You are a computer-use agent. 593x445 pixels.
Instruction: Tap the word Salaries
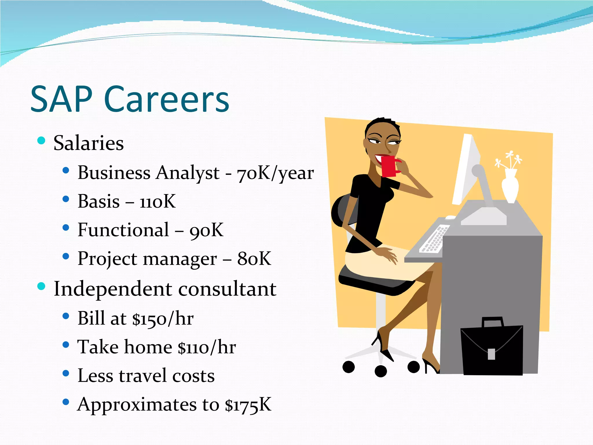click(89, 143)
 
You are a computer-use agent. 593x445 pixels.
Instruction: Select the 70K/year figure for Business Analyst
click(275, 173)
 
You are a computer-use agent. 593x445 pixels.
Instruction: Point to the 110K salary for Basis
click(158, 201)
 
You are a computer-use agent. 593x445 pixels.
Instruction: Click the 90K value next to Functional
click(206, 230)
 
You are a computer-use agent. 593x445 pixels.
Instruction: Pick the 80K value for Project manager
click(254, 258)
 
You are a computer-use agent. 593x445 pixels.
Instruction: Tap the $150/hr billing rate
click(163, 319)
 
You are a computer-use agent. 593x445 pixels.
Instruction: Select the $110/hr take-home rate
click(207, 347)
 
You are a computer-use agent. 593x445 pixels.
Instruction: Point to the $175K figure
click(248, 405)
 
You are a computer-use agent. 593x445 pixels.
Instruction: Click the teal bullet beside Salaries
click(41, 141)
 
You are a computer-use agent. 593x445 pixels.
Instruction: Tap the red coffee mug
click(389, 166)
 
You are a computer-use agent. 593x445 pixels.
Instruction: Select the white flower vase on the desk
click(510, 185)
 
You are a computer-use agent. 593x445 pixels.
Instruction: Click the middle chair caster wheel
click(380, 371)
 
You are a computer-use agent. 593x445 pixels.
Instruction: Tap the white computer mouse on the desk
click(450, 217)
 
